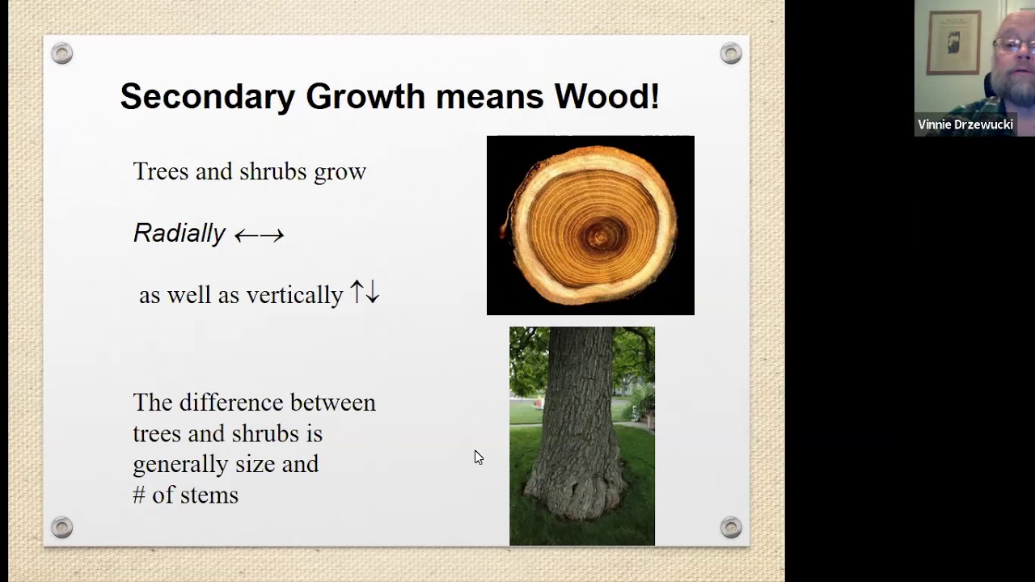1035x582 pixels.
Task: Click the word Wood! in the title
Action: pos(606,96)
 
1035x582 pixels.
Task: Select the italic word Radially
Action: pos(179,233)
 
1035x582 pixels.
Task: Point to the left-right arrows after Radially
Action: pos(259,235)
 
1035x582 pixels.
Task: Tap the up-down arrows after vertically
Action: pos(365,293)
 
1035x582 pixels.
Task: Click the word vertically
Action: pos(294,295)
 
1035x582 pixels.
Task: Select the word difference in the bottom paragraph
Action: pos(231,403)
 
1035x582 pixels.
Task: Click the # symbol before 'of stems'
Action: pos(139,495)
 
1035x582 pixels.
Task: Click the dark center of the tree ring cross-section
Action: pos(599,236)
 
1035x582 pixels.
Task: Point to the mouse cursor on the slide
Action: pos(478,457)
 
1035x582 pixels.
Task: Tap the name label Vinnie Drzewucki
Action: pos(965,124)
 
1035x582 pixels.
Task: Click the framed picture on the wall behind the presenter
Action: pos(954,42)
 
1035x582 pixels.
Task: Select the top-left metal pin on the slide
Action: pos(61,54)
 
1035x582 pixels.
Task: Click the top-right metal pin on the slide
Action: pos(731,54)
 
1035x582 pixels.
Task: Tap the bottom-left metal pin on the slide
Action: pos(61,528)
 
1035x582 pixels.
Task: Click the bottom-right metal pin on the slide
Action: pos(731,528)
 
